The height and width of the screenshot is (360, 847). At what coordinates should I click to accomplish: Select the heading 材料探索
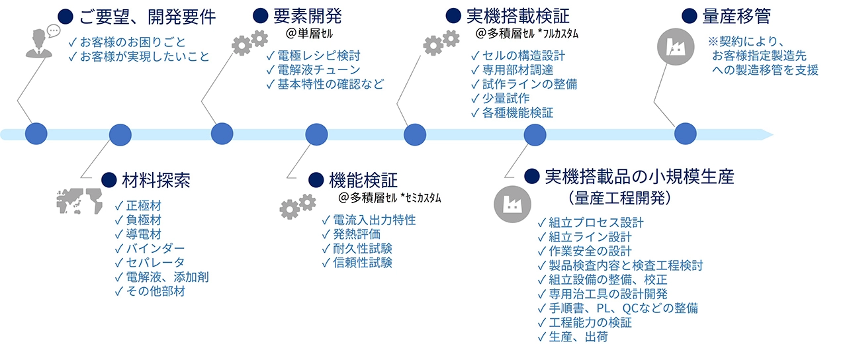click(x=156, y=179)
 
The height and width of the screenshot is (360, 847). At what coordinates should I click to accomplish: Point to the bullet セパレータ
click(x=156, y=262)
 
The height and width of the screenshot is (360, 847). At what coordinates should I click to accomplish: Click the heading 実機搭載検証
click(x=517, y=16)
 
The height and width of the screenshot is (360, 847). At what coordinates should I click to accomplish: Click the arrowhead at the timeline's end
click(x=767, y=134)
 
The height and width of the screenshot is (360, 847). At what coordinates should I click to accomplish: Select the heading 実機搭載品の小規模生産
click(x=639, y=176)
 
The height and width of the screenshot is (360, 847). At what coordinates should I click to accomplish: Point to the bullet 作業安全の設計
click(x=590, y=251)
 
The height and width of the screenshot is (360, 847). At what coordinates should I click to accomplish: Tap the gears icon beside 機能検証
click(x=297, y=205)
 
